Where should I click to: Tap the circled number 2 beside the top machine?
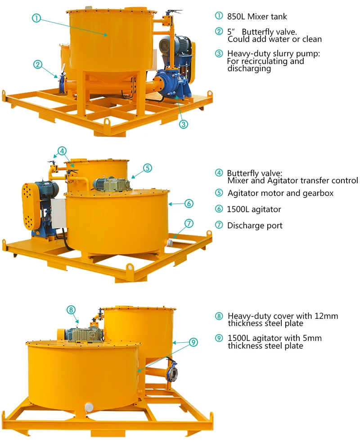click(38, 64)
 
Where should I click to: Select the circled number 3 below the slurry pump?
click(183, 124)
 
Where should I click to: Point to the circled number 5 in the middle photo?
click(148, 168)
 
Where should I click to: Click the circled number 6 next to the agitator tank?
click(189, 204)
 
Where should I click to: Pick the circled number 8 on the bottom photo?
click(71, 310)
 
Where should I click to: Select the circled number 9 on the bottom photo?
click(193, 343)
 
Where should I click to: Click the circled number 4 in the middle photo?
click(62, 151)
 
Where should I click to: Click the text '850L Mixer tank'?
click(257, 17)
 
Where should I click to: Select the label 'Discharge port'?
click(255, 226)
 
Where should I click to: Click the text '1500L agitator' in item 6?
click(254, 209)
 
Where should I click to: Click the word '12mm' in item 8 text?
click(326, 316)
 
